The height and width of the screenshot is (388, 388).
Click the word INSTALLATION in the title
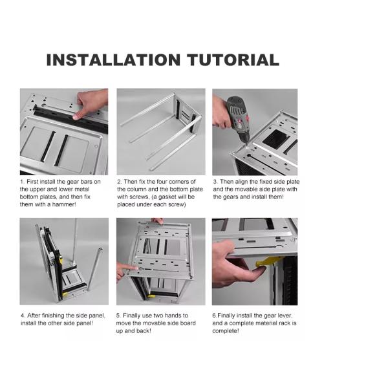click(113, 60)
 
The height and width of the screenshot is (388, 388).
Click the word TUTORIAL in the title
click(233, 60)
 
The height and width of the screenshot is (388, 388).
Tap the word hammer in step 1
click(64, 204)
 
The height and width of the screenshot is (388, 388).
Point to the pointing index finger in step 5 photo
click(128, 267)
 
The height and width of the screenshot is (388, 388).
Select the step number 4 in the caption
click(23, 316)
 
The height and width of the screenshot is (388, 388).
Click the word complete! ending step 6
click(226, 331)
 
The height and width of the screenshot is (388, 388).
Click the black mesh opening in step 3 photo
click(275, 138)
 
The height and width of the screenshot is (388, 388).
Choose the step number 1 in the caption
click(22, 182)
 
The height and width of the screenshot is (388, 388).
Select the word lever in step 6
click(285, 316)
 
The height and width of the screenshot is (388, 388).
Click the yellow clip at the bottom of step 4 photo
click(65, 294)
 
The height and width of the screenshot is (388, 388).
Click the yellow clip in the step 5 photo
click(151, 296)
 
